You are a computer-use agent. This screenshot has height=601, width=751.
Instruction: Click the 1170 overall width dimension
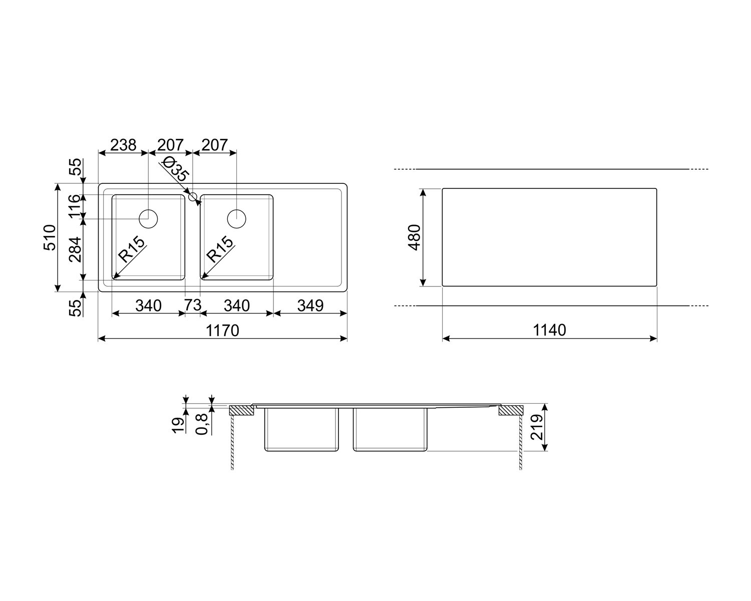coord(222,331)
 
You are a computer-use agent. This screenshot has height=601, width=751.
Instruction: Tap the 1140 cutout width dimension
coord(549,330)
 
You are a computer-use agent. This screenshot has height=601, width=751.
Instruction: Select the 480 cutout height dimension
coord(415,237)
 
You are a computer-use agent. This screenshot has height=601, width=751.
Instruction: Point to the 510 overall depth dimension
coord(50,237)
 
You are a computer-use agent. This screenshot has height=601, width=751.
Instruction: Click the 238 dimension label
coord(123,145)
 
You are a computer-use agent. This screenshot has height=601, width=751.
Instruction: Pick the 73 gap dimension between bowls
coord(193,305)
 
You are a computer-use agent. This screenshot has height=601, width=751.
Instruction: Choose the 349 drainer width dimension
coord(310,306)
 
